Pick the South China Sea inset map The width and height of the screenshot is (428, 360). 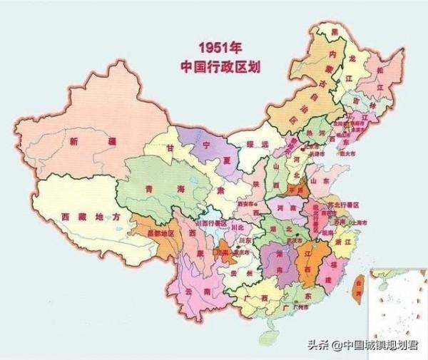pos(394,302)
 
